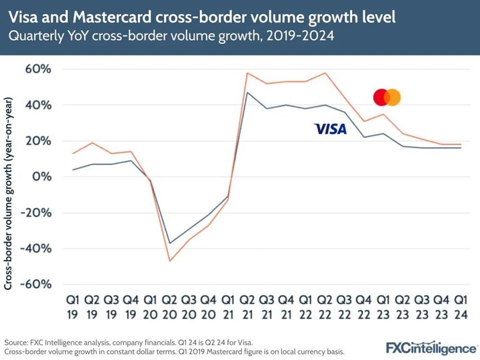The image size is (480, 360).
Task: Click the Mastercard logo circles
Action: coord(387,97)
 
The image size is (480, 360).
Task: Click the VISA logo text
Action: coord(330,129)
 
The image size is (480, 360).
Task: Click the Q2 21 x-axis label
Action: coord(248,306)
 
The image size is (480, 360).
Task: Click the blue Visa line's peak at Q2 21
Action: coord(248,93)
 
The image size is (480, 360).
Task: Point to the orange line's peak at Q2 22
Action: coord(325,73)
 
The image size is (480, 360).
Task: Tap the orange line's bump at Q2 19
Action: coord(93,143)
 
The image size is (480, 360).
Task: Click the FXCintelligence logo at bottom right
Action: coord(431,347)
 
